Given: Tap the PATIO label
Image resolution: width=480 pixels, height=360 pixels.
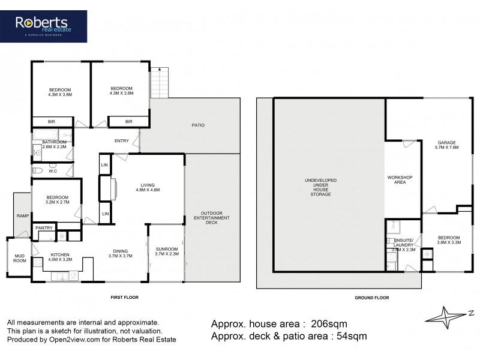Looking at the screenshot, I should [198, 125].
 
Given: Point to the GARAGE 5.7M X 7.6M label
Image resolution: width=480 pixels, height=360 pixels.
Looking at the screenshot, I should [447, 145].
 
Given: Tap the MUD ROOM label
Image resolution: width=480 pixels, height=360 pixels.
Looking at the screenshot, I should [19, 258].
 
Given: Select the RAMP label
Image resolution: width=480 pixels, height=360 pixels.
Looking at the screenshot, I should [22, 216].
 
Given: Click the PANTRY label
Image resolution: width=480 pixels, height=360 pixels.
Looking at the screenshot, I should [43, 228].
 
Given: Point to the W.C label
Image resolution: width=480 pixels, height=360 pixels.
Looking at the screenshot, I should [52, 170].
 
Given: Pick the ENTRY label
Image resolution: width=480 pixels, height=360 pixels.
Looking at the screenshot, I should [122, 141].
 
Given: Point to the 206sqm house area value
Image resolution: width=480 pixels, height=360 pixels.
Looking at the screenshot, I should [326, 324].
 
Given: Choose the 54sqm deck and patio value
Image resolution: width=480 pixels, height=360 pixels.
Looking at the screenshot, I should [346, 337].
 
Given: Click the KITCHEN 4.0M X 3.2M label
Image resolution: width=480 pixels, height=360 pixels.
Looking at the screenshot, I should [61, 256].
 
